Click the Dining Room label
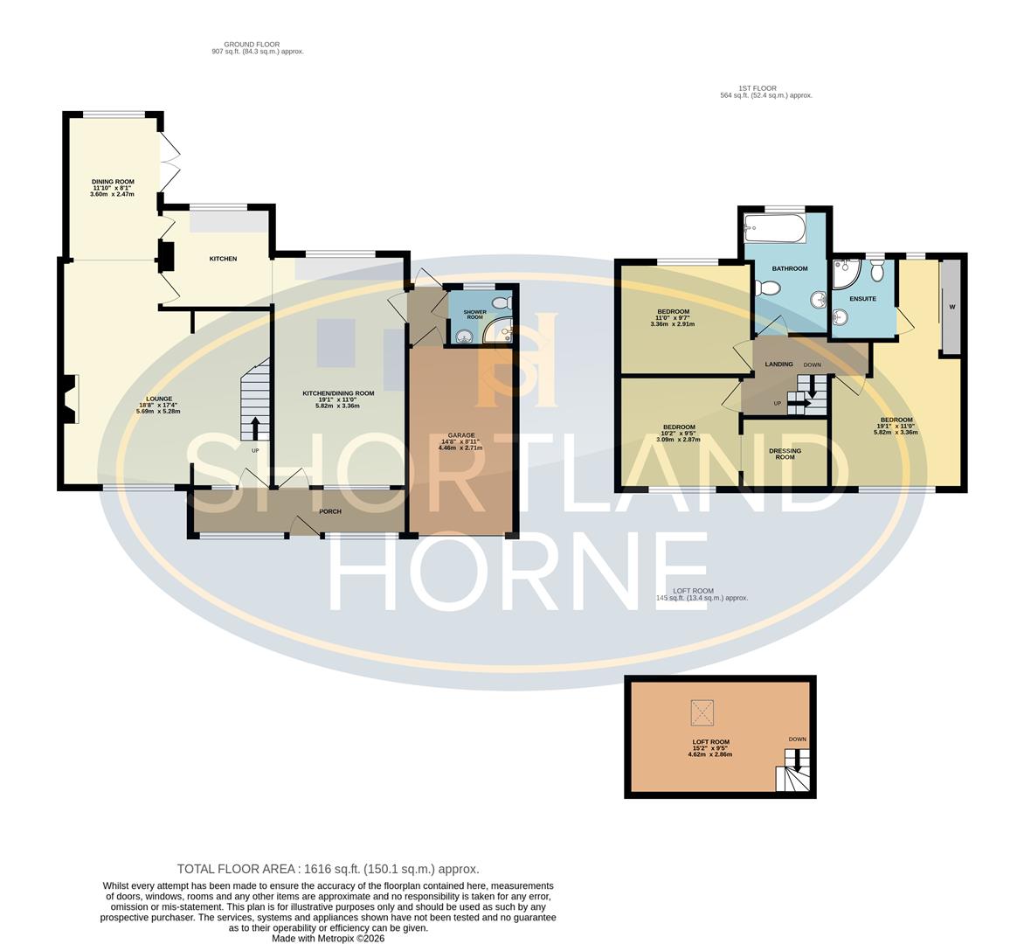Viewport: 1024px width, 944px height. tap(112, 182)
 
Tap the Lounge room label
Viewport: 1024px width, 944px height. tap(159, 399)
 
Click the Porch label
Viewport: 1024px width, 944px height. tap(330, 511)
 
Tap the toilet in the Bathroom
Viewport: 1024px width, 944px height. tap(768, 288)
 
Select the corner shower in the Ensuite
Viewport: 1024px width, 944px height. tap(845, 275)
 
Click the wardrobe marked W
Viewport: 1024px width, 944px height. tap(951, 307)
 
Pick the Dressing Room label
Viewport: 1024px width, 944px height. tap(785, 455)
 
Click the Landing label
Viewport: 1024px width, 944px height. tap(778, 364)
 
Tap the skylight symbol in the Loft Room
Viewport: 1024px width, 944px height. tap(701, 712)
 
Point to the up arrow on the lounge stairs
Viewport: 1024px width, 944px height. tap(255, 428)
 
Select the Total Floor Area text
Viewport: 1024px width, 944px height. tap(328, 869)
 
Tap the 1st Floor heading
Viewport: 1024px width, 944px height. tap(757, 88)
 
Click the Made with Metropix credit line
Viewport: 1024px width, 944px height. tap(328, 938)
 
